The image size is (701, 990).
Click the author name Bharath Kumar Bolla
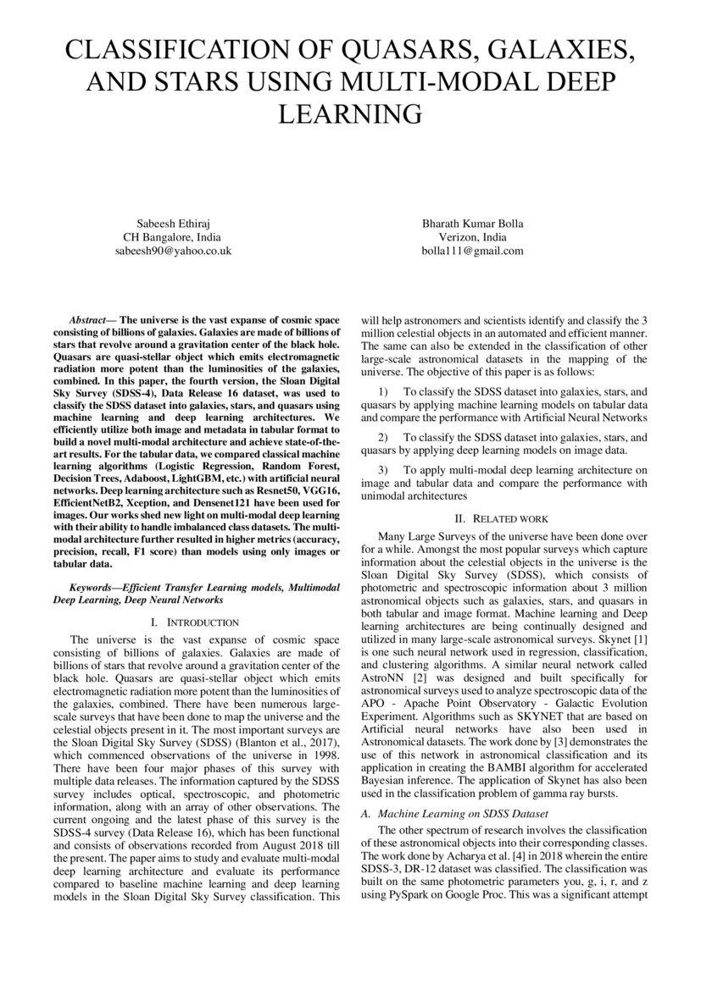click(473, 224)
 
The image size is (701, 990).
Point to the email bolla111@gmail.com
click(473, 252)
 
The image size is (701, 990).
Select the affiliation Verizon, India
click(473, 238)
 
